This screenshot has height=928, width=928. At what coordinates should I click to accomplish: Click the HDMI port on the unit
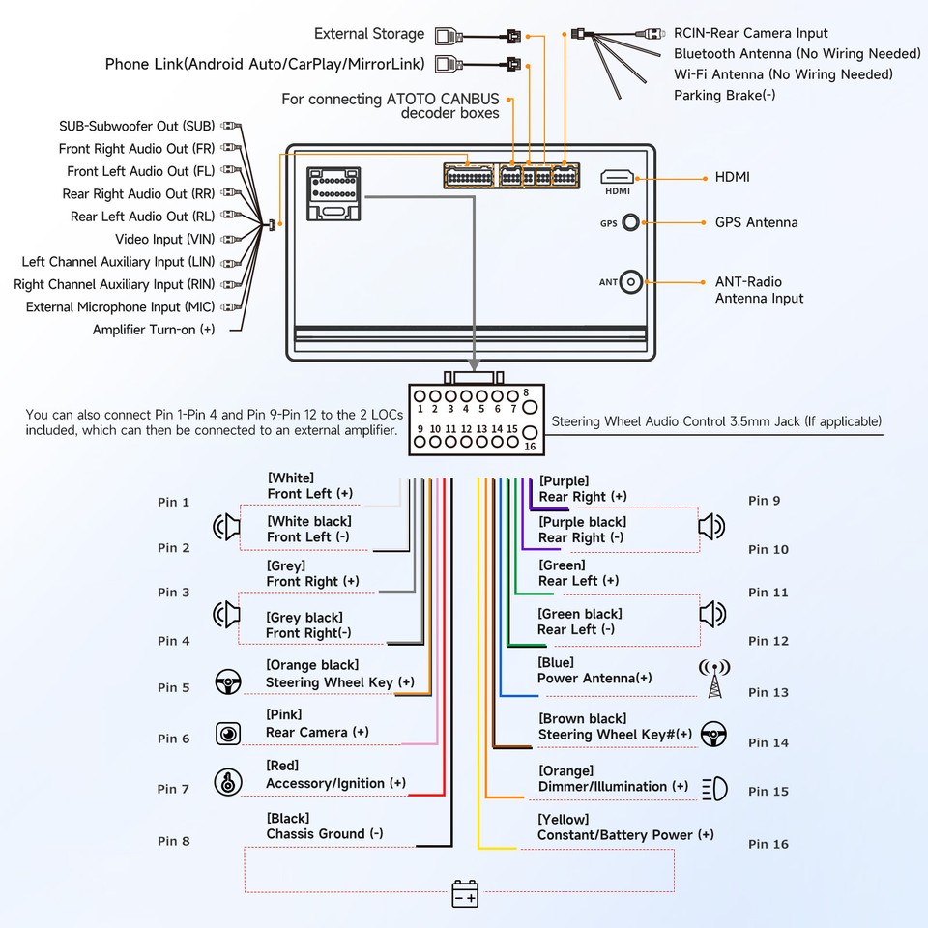(617, 178)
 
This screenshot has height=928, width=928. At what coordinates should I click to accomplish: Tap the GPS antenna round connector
(630, 222)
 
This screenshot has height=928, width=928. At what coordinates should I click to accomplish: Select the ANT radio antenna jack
(631, 282)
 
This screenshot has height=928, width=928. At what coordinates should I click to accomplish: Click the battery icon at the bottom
(465, 893)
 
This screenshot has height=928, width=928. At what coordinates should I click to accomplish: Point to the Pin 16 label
(768, 844)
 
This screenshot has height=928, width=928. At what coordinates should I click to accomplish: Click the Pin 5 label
(174, 688)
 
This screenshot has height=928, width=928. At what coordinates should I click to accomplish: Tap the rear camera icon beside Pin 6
(228, 734)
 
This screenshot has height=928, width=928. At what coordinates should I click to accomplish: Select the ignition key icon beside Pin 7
(227, 782)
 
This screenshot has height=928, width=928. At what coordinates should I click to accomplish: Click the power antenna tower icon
(714, 679)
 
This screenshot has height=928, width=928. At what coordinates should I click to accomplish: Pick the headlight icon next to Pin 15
(713, 788)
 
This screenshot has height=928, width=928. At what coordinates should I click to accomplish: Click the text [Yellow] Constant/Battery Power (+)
(625, 827)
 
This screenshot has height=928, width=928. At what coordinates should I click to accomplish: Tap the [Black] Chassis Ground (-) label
(325, 826)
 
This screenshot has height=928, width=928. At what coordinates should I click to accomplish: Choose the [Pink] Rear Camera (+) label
(317, 724)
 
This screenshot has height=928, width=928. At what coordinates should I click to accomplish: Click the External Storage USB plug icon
(446, 36)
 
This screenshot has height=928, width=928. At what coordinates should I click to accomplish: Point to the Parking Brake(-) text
(724, 95)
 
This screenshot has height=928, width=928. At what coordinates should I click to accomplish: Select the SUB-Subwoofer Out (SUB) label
(136, 126)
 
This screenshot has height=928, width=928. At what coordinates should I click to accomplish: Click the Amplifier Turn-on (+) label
(154, 330)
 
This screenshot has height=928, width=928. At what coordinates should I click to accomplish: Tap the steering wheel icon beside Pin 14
(713, 734)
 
